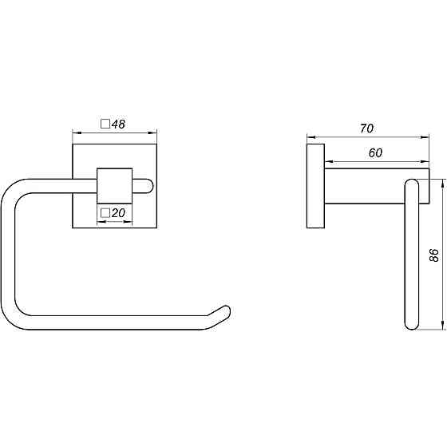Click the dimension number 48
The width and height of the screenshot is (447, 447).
click(118, 124)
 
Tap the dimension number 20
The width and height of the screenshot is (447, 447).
click(118, 212)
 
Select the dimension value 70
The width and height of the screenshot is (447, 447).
click(366, 129)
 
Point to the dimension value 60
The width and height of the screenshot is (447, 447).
click(375, 152)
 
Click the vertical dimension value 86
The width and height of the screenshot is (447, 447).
click(433, 255)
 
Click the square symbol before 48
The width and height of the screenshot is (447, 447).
click(105, 124)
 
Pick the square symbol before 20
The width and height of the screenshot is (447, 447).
click(105, 212)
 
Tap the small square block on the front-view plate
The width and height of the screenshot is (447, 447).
click(115, 186)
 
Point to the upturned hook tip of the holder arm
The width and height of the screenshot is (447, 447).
click(225, 311)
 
